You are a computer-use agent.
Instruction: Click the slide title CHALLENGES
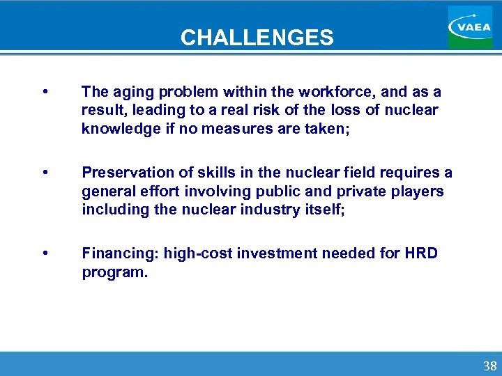coord(257,37)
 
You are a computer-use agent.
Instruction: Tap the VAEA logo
coord(470,27)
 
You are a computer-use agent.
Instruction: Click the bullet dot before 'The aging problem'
coord(45,92)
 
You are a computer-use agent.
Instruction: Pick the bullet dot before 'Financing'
coord(45,253)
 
